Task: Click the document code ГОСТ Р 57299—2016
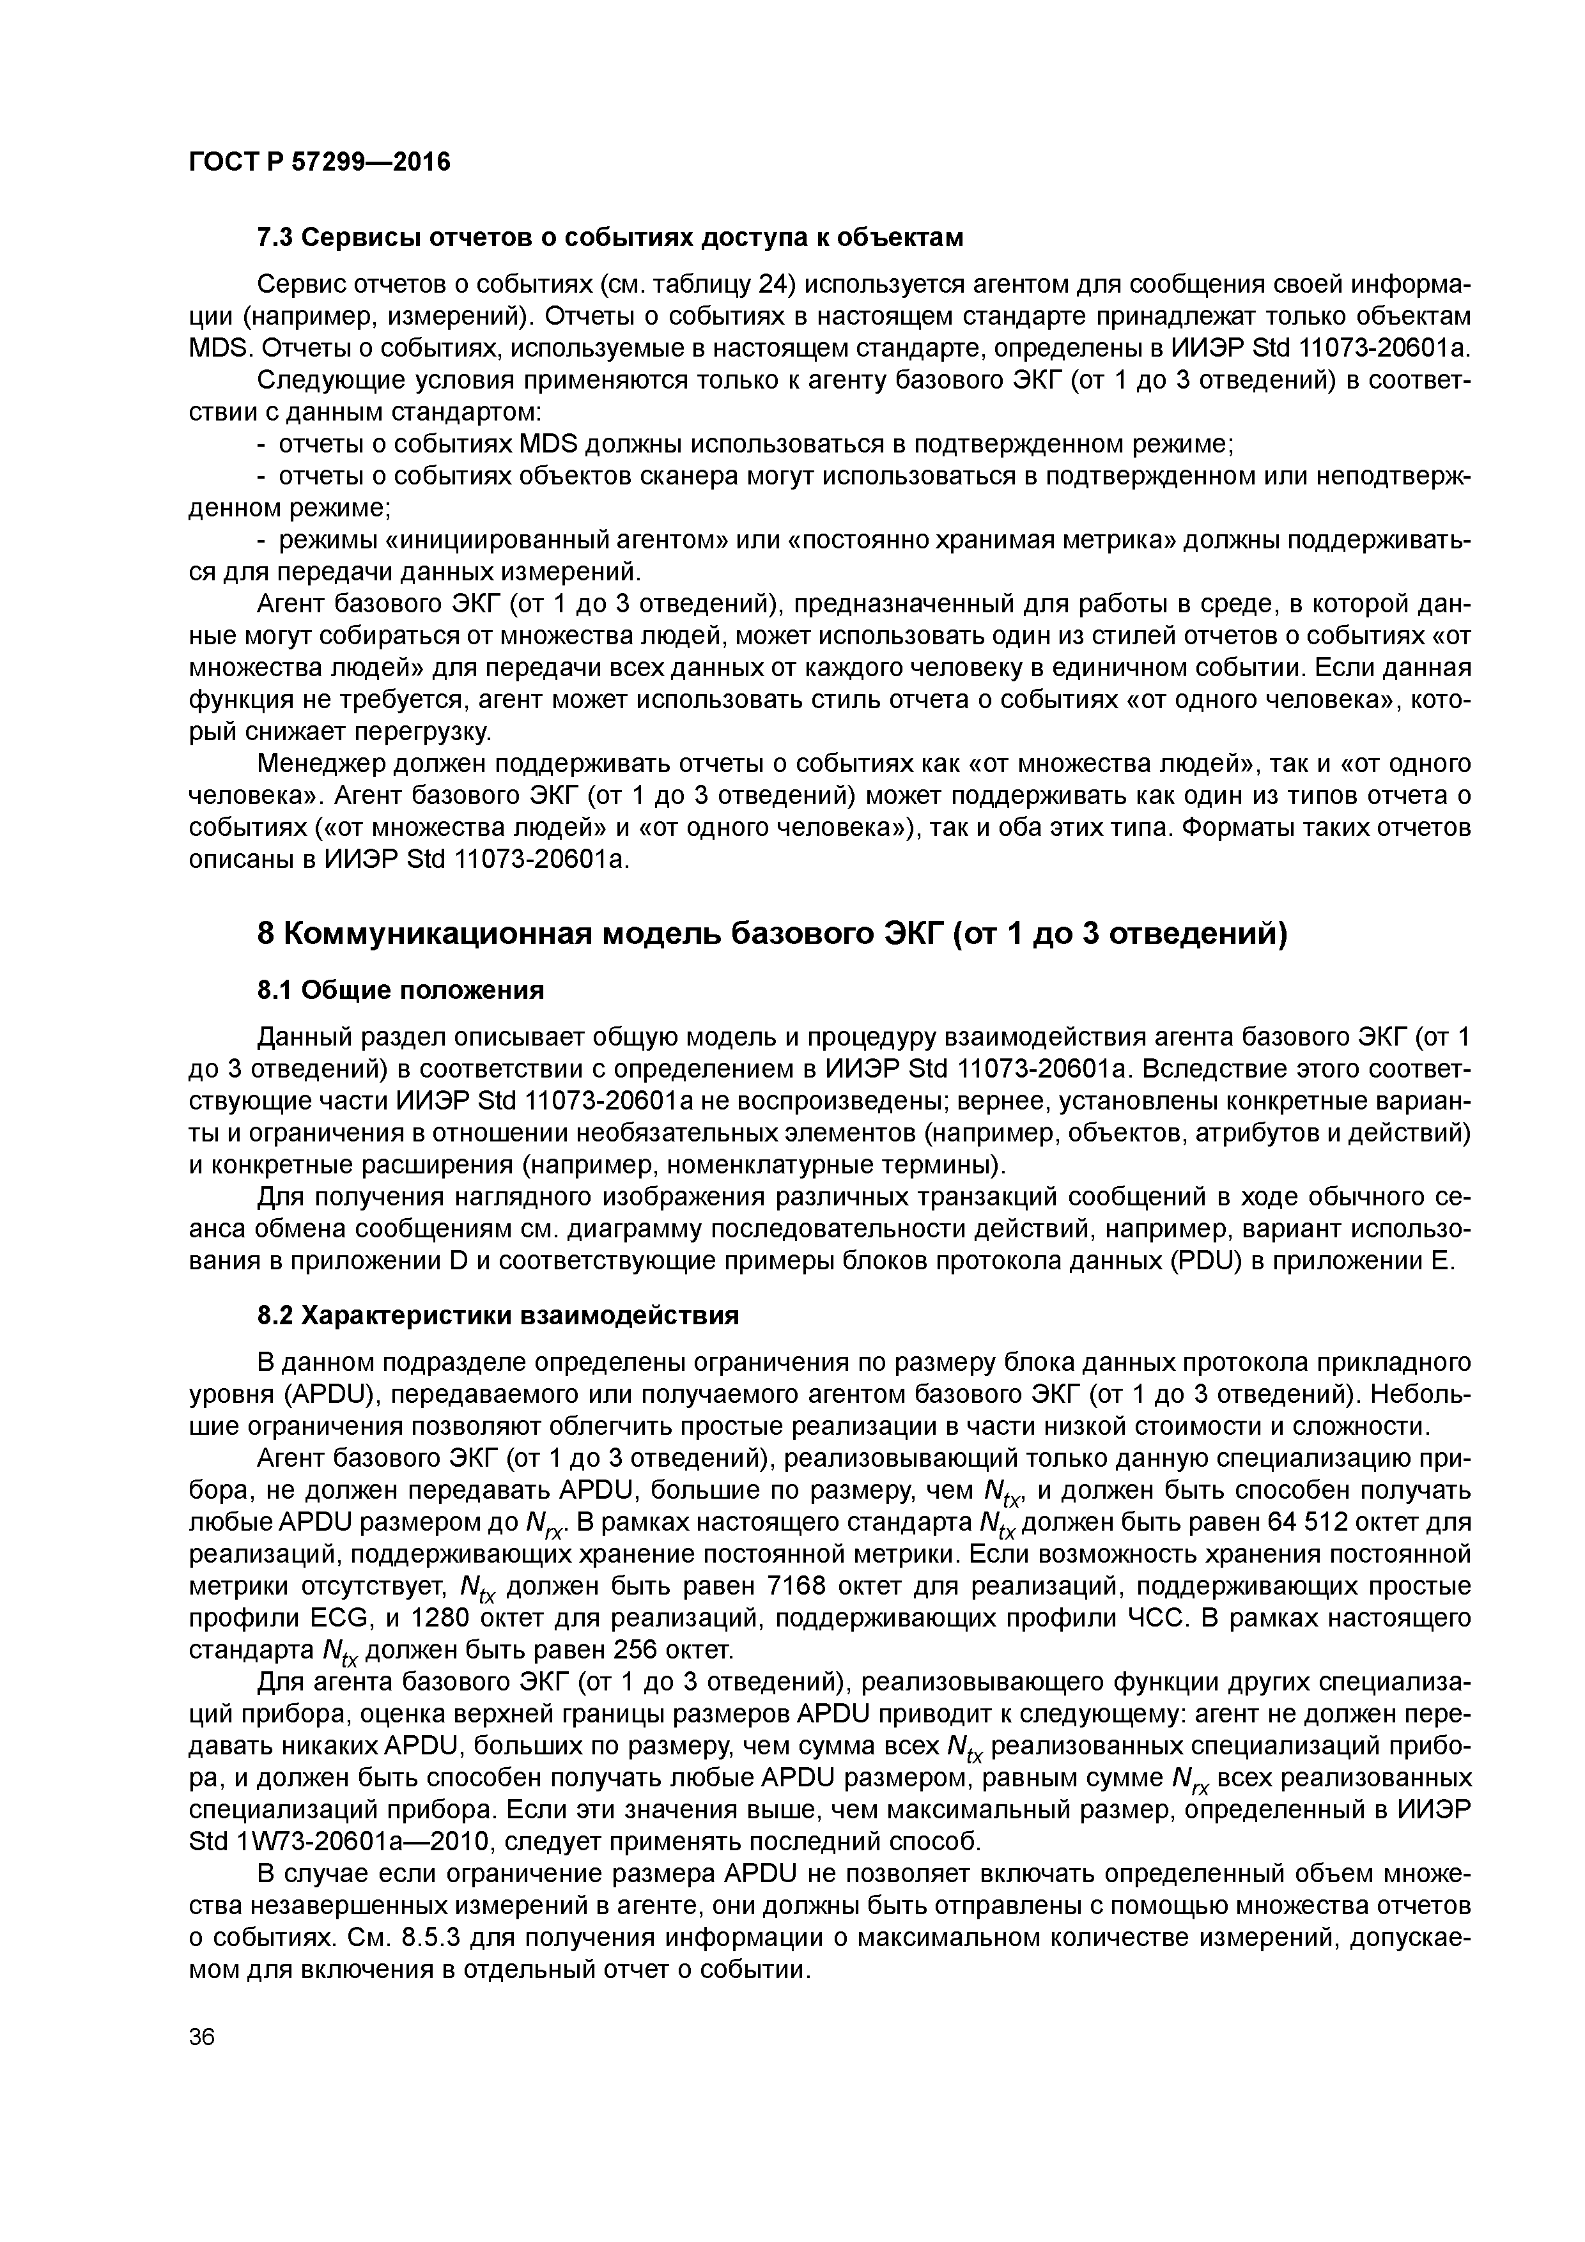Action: tap(320, 162)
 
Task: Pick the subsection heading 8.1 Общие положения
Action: tap(400, 991)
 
